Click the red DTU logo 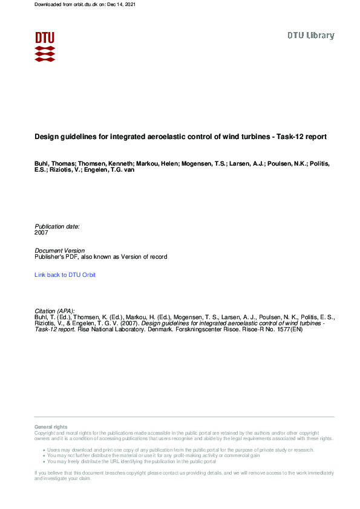tap(45, 47)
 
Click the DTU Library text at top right tap(310, 36)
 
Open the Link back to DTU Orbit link tap(65, 275)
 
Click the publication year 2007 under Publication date tap(41, 232)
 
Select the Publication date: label tap(57, 226)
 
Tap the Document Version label tap(60, 251)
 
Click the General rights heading tap(51, 427)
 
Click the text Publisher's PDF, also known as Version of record tap(101, 257)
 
